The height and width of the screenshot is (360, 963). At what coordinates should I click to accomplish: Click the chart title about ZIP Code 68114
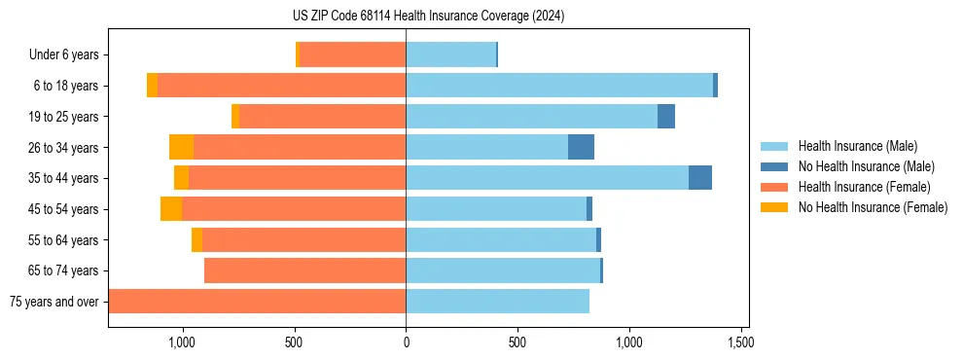pyautogui.click(x=428, y=17)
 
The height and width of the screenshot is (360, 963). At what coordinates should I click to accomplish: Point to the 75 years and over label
pyautogui.click(x=53, y=302)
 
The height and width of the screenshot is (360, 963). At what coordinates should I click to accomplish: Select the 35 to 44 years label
pyautogui.click(x=65, y=178)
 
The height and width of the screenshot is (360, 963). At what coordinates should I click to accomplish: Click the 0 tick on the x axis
pyautogui.click(x=406, y=342)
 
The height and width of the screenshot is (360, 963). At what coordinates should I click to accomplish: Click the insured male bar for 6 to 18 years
pyautogui.click(x=559, y=86)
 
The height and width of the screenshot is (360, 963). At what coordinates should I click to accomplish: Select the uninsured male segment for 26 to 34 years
pyautogui.click(x=581, y=147)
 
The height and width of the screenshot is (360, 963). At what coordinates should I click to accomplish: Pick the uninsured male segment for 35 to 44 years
pyautogui.click(x=700, y=178)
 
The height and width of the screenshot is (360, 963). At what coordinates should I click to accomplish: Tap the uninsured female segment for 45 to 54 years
pyautogui.click(x=171, y=209)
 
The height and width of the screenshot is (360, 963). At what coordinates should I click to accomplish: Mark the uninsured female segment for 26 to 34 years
pyautogui.click(x=181, y=147)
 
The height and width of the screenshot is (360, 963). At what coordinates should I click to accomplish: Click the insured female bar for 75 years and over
pyautogui.click(x=257, y=302)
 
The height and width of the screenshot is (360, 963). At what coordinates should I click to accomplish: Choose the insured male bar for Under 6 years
pyautogui.click(x=450, y=55)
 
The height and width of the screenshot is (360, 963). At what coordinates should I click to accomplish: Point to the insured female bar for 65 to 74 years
pyautogui.click(x=304, y=270)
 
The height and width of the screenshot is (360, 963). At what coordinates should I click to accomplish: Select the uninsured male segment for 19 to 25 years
pyautogui.click(x=666, y=117)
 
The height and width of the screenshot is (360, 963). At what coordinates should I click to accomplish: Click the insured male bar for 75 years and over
pyautogui.click(x=497, y=302)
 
